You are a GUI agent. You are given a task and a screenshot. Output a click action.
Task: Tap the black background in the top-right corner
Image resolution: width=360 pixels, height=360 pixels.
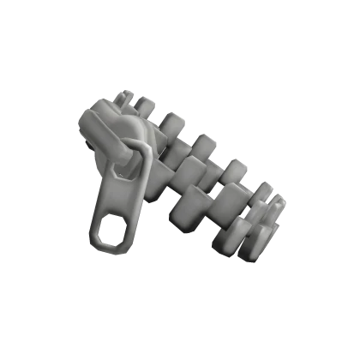tap(334, 26)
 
